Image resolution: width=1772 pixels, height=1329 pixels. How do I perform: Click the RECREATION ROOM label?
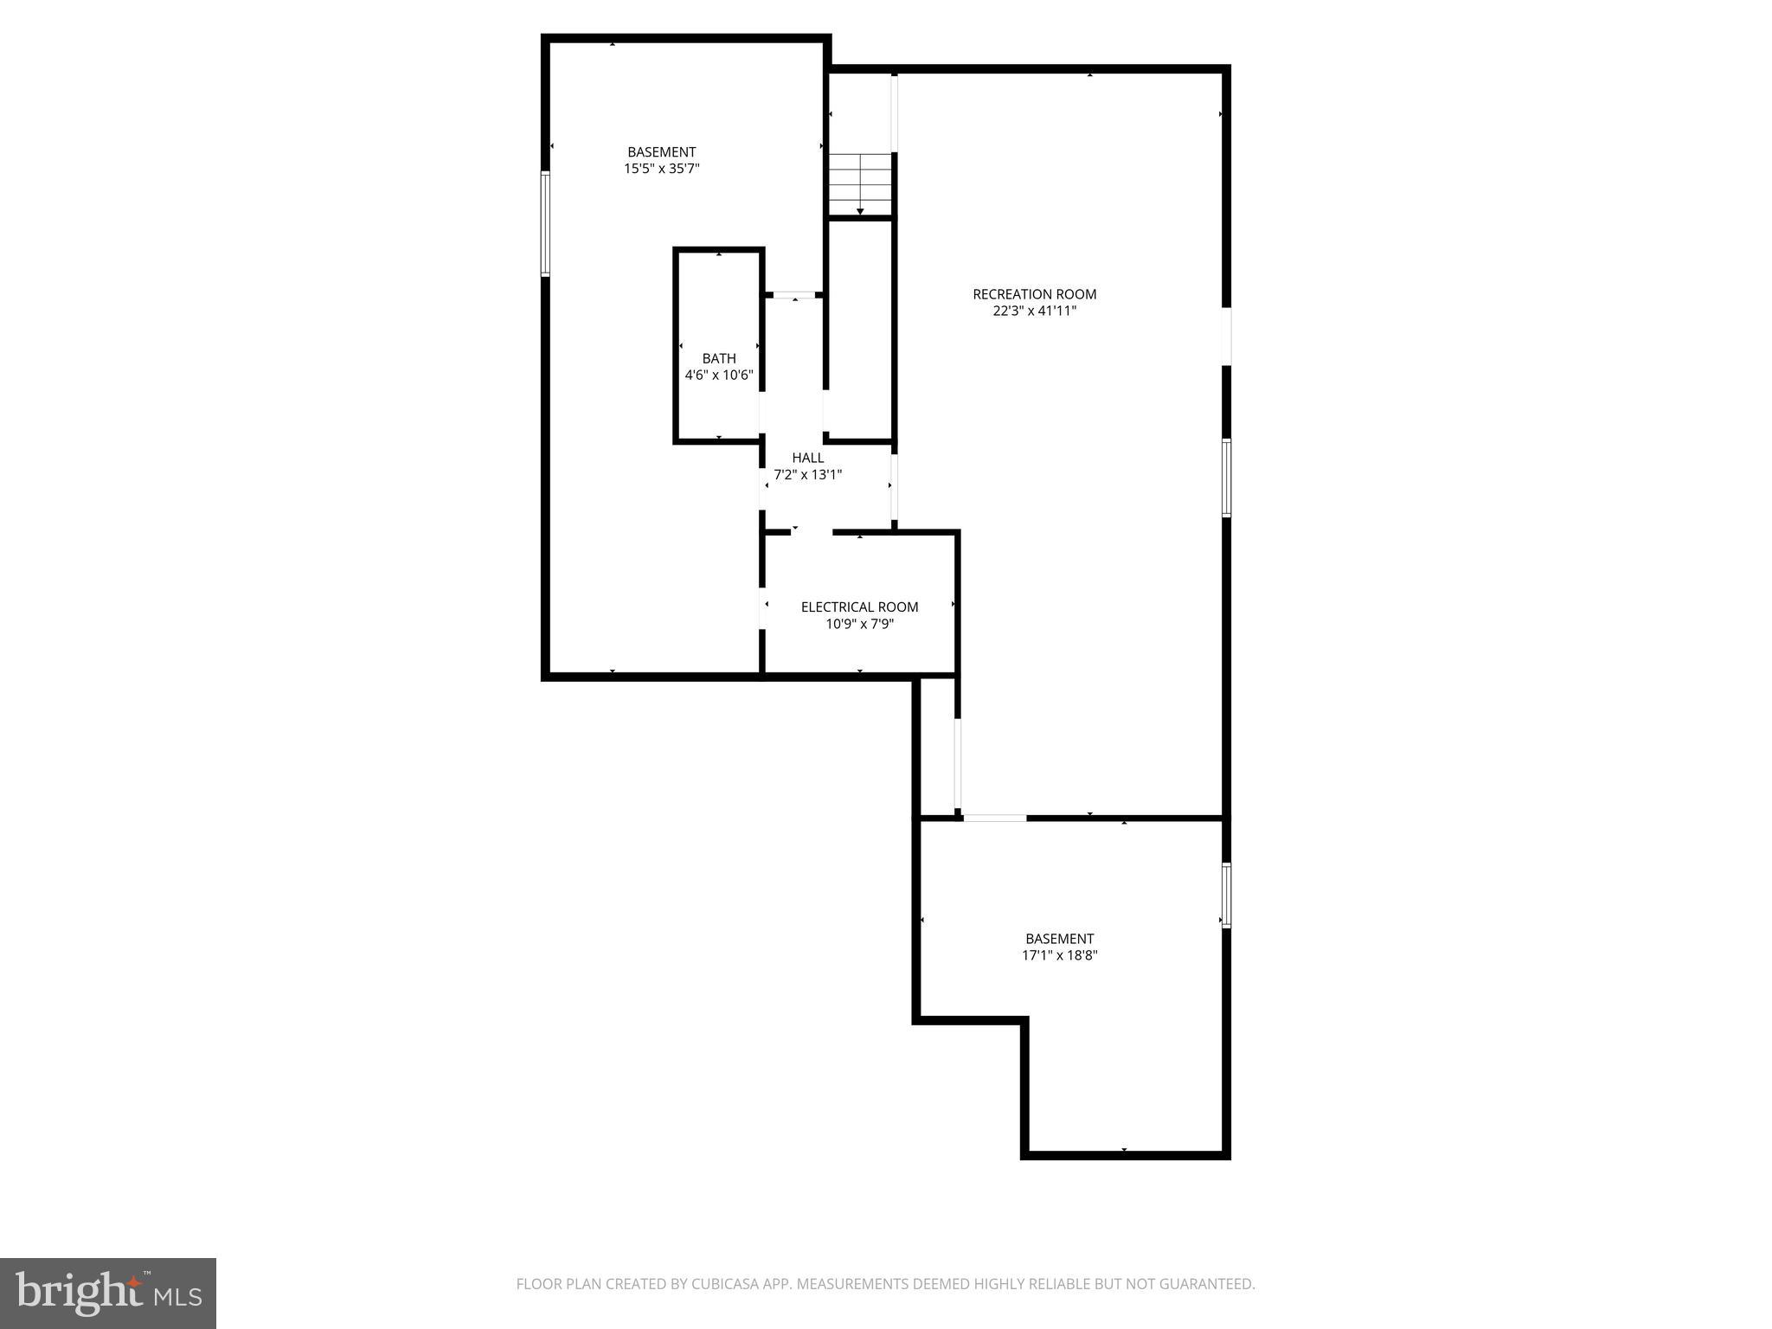coord(1034,294)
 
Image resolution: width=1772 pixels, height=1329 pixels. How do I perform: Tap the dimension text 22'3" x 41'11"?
coord(1034,311)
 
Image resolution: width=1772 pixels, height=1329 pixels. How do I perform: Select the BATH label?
coord(719,358)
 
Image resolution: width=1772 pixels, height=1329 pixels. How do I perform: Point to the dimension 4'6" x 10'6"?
coord(719,376)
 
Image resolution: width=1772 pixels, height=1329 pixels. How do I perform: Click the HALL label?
coord(807,458)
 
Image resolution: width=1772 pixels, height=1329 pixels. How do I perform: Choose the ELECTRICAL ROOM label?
coord(859,607)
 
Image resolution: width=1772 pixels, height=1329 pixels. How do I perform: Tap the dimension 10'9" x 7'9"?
coord(859,624)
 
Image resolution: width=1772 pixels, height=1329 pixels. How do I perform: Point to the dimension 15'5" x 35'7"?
coord(661,170)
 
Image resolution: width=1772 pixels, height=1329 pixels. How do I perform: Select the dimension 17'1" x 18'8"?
coord(1059,955)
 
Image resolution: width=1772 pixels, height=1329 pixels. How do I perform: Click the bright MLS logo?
coord(108,1294)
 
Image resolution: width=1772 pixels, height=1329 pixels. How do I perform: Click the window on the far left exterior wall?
coord(545,223)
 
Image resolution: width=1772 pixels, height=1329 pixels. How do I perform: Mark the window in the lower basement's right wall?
coord(1226,895)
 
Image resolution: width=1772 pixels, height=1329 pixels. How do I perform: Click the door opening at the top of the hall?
coord(794,296)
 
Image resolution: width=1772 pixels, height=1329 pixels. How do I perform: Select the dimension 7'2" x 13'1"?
coord(807,475)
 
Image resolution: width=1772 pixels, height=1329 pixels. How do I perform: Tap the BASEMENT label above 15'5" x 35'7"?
coord(661,152)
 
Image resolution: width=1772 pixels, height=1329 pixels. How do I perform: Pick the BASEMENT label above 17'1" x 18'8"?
coord(1059,939)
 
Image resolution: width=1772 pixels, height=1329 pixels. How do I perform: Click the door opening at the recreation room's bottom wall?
coord(994,818)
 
